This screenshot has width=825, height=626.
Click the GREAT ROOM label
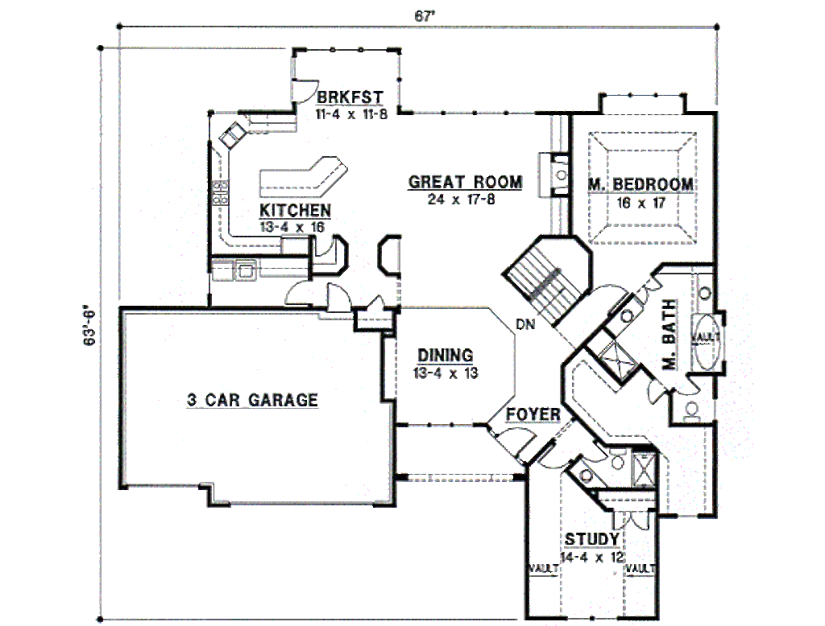[x=466, y=182]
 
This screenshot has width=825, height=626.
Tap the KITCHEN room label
[x=295, y=210]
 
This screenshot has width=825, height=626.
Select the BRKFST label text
[x=350, y=98]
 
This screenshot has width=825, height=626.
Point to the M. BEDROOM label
[x=641, y=184]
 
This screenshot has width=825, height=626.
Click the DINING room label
[x=445, y=356]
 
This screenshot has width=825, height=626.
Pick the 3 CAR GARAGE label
[x=252, y=400]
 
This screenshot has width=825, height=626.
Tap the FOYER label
[x=533, y=414]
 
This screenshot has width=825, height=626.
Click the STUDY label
[x=592, y=539]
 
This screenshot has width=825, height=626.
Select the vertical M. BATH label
[x=670, y=334]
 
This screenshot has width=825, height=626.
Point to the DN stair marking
[x=525, y=325]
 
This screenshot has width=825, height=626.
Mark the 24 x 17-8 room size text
[x=462, y=200]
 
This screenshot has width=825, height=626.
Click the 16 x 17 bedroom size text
[x=641, y=202]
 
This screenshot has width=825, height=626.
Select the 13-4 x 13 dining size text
[x=446, y=373]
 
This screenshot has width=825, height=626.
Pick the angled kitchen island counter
[x=304, y=175]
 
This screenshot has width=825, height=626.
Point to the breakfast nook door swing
[x=305, y=90]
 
